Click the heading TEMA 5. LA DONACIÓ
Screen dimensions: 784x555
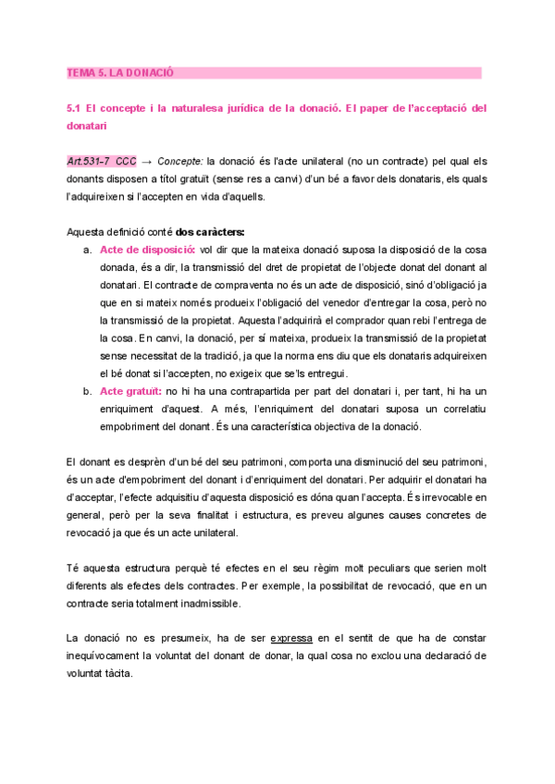pos(121,72)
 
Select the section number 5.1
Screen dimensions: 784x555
pos(76,108)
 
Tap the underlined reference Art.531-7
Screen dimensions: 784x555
pos(90,160)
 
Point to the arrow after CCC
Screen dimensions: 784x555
pos(147,160)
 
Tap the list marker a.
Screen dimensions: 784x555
pos(87,250)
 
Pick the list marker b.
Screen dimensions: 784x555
pos(87,391)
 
